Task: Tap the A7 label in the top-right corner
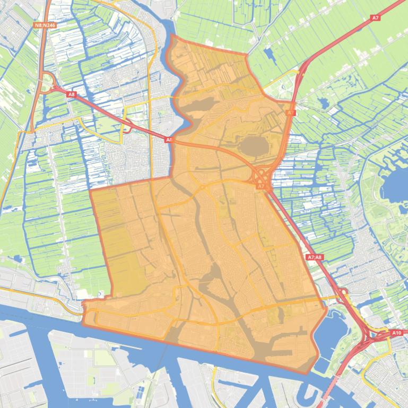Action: tap(375, 18)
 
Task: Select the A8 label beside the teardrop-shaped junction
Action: tap(72, 94)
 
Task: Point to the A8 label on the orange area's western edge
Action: tap(169, 140)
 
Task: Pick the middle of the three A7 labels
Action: tap(290, 113)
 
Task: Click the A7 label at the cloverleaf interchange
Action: tap(261, 187)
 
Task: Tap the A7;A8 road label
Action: tap(315, 257)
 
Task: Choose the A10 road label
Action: tap(396, 333)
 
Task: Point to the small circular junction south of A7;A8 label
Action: tap(342, 292)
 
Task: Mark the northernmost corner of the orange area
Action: tap(171, 35)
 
